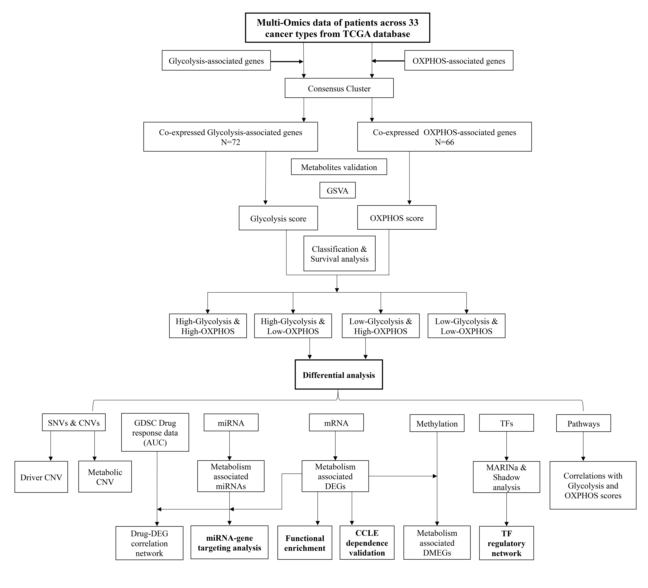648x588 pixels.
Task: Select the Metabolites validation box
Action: point(339,167)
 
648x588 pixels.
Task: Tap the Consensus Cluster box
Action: point(339,88)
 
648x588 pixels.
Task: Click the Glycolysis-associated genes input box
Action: point(216,60)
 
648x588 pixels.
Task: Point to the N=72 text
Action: point(231,142)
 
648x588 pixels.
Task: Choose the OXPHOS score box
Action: point(397,218)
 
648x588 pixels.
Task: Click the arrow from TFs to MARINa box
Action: point(507,446)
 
